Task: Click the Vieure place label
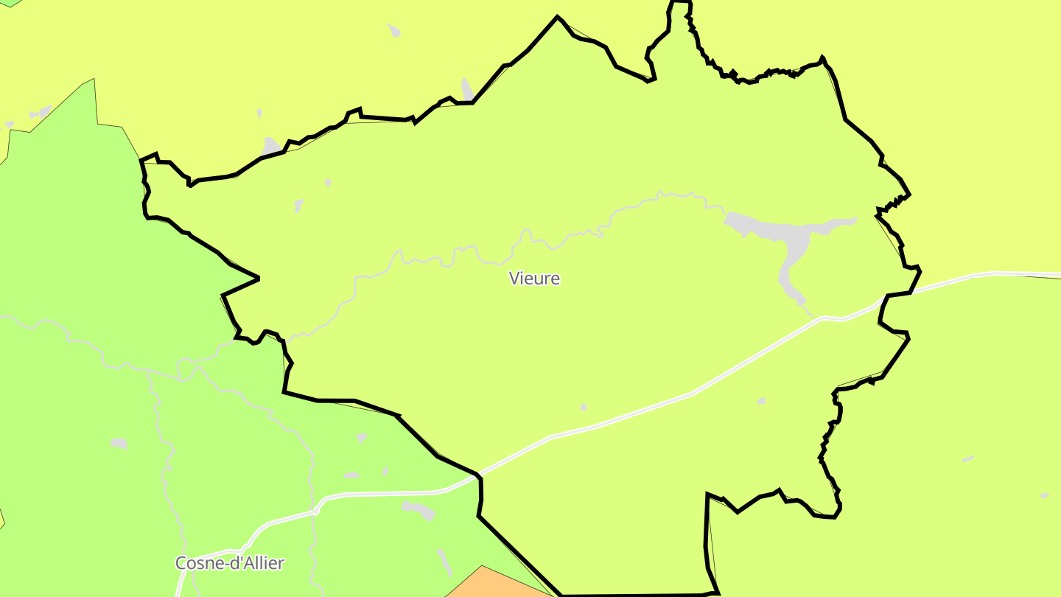[534, 279]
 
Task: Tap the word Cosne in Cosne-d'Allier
[197, 563]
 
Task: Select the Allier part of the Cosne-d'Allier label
[262, 563]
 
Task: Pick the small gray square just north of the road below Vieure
[584, 407]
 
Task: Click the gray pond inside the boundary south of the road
[761, 401]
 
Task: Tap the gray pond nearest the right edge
[1044, 496]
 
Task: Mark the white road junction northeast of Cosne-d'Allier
[315, 509]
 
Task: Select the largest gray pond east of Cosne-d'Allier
[419, 509]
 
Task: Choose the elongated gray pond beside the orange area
[444, 562]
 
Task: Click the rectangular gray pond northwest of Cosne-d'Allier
[118, 443]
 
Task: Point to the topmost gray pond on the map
[394, 30]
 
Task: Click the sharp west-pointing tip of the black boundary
[223, 296]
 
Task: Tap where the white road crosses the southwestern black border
[479, 474]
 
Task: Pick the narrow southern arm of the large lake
[790, 284]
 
